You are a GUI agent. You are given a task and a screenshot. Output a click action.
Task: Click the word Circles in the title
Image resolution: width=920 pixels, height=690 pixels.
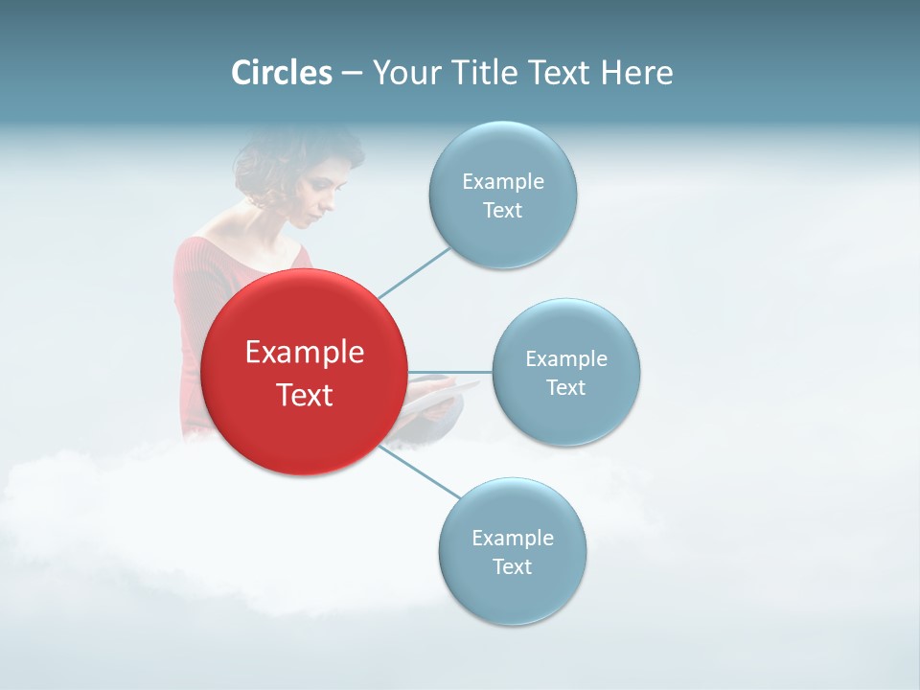coord(282,73)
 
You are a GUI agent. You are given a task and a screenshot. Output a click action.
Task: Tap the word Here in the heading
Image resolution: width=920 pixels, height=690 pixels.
coord(636,73)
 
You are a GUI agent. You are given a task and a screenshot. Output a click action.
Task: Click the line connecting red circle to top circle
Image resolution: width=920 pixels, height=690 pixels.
coord(414,271)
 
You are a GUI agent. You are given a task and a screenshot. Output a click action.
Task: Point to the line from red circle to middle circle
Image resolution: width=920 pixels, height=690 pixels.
coord(450,372)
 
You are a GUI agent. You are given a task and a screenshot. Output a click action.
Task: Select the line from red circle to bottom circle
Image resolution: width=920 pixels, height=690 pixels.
coord(422,472)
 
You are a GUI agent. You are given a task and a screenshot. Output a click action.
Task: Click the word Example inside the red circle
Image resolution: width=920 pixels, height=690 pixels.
coord(305,353)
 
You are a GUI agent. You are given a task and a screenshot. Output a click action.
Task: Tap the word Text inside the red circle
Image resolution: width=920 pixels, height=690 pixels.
coord(305,395)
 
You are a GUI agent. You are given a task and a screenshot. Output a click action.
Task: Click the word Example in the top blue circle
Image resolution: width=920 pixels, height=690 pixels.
coord(502,182)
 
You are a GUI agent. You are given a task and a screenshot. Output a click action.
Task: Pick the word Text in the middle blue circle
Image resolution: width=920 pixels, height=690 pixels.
coord(565,388)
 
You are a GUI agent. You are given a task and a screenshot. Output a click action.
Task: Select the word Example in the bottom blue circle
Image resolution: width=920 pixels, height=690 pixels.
coord(512,539)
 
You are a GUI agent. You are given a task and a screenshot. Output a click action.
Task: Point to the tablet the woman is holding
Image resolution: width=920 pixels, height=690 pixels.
coord(436,393)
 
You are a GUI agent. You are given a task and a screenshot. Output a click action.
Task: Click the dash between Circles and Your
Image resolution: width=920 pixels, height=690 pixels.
coord(352,73)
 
